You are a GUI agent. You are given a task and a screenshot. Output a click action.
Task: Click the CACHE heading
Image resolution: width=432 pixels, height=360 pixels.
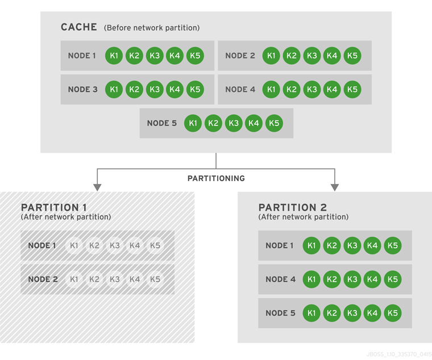click(x=79, y=27)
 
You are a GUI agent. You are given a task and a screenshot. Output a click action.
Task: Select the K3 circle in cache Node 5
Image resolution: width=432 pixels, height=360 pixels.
click(x=234, y=123)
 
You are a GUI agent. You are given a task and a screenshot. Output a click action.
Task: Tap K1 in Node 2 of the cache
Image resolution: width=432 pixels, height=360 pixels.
click(x=271, y=56)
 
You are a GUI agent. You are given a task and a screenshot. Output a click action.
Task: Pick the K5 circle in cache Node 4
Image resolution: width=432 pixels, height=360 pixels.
click(x=352, y=89)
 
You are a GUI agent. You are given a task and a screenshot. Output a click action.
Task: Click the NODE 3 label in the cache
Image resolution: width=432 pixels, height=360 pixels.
click(x=82, y=89)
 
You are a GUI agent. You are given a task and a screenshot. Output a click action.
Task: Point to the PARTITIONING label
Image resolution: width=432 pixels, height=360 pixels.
click(x=216, y=178)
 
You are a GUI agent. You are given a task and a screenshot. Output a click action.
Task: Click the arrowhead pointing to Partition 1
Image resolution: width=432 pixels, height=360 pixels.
click(x=97, y=187)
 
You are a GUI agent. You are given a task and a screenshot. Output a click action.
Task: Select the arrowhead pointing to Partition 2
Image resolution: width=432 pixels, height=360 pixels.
click(x=335, y=187)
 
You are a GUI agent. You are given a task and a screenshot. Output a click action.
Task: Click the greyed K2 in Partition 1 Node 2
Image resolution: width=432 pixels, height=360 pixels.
click(x=94, y=279)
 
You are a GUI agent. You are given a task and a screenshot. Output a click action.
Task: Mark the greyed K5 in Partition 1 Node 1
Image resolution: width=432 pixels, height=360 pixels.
click(x=155, y=246)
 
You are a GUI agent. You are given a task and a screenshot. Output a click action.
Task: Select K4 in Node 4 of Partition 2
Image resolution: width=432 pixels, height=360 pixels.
click(x=372, y=279)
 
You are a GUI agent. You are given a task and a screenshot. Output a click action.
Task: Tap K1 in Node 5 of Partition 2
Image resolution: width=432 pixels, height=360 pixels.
click(x=311, y=313)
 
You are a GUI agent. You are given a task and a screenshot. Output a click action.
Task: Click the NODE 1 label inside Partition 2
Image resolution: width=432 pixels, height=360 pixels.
click(x=280, y=246)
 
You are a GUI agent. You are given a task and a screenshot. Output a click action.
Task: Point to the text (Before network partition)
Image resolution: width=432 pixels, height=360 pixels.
click(x=152, y=28)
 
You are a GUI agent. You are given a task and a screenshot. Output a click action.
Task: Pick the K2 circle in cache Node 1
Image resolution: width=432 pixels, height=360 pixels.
click(x=134, y=56)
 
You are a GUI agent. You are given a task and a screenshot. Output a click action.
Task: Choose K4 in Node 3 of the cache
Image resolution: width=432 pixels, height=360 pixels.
click(x=175, y=89)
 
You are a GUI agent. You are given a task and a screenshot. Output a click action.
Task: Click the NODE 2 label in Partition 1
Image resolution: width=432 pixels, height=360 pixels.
click(x=43, y=279)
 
